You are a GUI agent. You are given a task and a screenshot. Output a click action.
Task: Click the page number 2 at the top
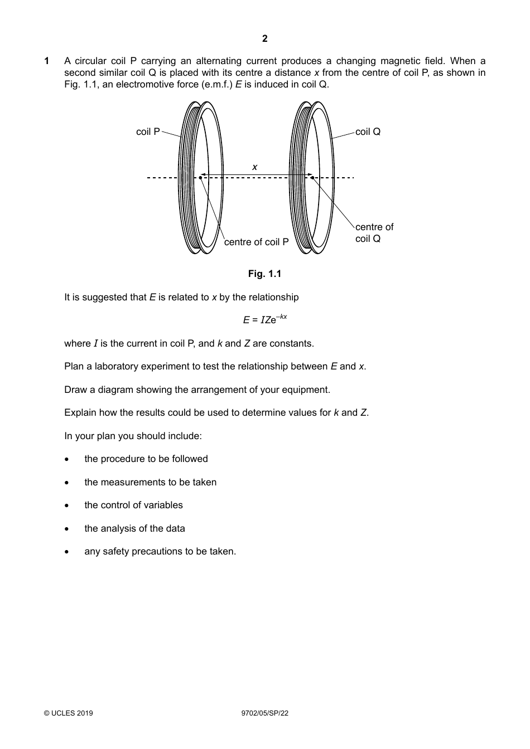264,38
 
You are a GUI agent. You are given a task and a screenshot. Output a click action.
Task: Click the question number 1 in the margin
47,61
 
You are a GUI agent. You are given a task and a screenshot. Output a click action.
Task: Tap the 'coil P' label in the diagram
148,132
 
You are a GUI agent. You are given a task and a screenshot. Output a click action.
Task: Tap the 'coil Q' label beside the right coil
368,132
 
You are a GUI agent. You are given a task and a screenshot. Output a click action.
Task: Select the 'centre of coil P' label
256,242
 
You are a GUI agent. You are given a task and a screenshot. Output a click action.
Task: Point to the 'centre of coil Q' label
374,233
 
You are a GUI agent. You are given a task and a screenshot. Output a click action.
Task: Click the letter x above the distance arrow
255,167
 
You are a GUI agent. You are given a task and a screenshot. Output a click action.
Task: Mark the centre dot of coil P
200,178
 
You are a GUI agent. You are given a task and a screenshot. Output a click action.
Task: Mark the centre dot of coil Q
312,178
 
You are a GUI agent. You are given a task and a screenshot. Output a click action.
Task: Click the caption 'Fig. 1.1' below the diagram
264,274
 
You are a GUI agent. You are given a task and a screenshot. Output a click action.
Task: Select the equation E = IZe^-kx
264,319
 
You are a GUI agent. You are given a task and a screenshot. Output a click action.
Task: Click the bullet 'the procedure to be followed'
146,459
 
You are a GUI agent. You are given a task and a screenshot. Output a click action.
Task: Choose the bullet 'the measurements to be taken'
150,482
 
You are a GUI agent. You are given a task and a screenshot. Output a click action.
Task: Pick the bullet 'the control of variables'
133,505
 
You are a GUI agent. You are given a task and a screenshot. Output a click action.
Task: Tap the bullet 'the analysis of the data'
134,528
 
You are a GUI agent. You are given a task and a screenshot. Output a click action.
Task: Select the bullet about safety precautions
160,551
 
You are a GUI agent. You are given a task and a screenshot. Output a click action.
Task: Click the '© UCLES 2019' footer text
69,713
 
